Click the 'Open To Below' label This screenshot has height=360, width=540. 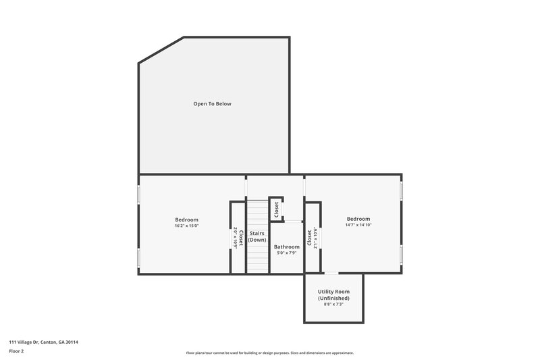213,103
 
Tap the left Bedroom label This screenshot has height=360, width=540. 187,220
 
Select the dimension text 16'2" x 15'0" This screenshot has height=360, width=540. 187,226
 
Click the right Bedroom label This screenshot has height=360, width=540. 358,219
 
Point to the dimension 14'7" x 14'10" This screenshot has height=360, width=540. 358,226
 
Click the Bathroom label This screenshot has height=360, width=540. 286,247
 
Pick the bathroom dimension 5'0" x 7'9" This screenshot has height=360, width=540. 286,253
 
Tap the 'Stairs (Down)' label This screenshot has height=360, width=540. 257,236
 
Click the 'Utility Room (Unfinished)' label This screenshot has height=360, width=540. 333,294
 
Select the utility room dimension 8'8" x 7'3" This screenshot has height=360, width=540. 333,305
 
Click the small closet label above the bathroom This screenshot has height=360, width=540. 276,209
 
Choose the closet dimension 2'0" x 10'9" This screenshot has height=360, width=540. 236,238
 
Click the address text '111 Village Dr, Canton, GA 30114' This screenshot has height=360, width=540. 44,342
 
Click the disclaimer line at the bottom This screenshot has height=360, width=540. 269,353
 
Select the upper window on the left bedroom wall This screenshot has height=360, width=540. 139,194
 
